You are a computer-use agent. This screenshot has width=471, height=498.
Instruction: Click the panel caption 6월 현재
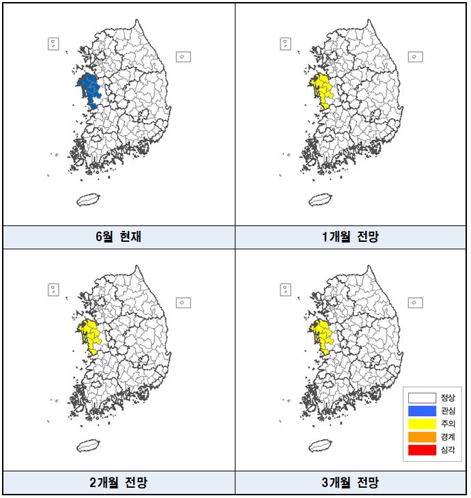(119, 237)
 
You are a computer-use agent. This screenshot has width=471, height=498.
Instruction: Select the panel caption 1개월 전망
(351, 237)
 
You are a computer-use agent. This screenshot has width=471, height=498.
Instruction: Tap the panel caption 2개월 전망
(119, 483)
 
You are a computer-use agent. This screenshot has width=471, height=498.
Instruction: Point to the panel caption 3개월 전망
(351, 483)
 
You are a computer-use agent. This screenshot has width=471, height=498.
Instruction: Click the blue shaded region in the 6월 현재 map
(89, 89)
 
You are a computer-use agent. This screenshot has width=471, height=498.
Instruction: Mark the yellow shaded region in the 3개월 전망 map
(320, 335)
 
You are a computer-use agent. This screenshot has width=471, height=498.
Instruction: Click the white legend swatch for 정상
(422, 398)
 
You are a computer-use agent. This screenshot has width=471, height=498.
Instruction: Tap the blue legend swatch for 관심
(422, 411)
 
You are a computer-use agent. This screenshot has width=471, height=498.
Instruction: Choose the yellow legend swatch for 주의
(422, 424)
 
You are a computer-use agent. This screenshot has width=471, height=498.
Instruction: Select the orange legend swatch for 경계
(422, 437)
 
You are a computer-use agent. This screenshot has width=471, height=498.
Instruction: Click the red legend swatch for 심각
(422, 449)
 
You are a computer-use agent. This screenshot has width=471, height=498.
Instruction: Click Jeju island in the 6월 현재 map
(87, 200)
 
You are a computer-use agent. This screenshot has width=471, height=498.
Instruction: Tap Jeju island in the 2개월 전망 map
(87, 445)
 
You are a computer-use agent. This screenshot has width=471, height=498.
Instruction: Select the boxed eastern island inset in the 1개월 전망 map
(414, 57)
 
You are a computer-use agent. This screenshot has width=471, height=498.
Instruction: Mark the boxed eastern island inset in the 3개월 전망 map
(414, 302)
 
